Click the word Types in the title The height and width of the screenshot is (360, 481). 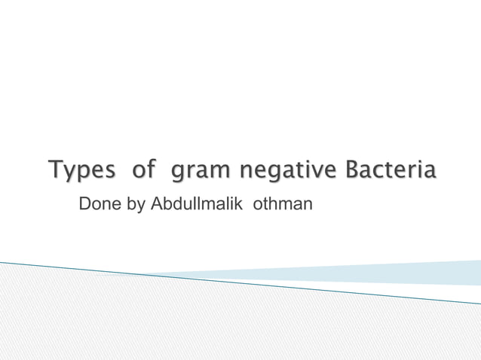tap(82, 170)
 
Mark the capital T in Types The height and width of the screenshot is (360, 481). tap(55, 169)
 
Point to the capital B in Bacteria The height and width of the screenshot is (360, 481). tap(351, 169)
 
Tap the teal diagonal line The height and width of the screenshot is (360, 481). tap(241, 282)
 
